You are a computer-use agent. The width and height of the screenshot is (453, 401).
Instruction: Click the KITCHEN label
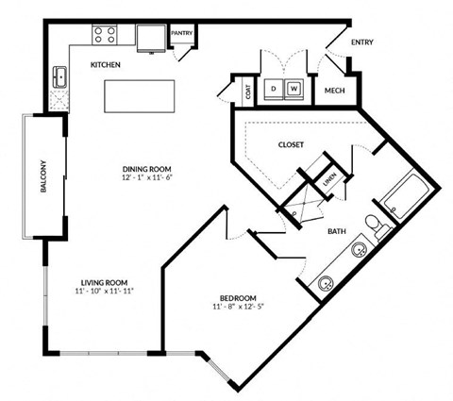click(104, 65)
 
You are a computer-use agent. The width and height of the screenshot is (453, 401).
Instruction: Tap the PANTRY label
click(182, 34)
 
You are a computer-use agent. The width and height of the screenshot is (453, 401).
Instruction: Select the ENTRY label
click(361, 42)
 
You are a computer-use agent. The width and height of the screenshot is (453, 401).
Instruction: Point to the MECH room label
click(333, 91)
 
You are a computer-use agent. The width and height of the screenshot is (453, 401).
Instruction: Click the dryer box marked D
click(275, 90)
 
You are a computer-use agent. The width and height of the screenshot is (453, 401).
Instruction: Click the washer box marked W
click(294, 90)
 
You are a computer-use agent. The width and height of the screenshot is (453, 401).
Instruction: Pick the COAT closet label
click(248, 92)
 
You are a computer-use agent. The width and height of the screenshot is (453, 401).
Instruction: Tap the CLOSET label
click(291, 144)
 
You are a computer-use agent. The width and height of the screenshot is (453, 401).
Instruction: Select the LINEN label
click(329, 177)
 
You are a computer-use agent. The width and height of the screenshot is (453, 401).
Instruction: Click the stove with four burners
click(104, 37)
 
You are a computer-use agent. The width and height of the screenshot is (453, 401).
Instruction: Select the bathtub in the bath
click(403, 195)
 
